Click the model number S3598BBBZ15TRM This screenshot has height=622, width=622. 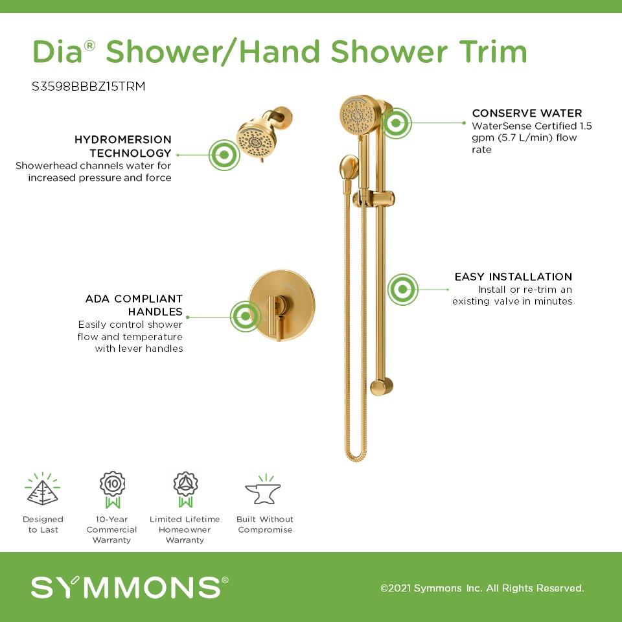coord(89,86)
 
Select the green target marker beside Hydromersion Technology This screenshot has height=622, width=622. coord(224,155)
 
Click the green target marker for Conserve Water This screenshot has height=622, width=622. coord(396,123)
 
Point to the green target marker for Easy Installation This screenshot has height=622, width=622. coord(402,290)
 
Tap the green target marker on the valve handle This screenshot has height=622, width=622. coord(246,317)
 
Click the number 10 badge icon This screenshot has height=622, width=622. coord(112,490)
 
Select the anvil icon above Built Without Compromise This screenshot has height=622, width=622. coord(263,490)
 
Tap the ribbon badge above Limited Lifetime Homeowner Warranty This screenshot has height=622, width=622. coord(185,490)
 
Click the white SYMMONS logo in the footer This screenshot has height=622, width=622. coord(130,588)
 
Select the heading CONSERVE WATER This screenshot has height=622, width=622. coord(527,113)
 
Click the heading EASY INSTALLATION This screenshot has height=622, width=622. coord(513,277)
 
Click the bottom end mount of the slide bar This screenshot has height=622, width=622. coord(381,387)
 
